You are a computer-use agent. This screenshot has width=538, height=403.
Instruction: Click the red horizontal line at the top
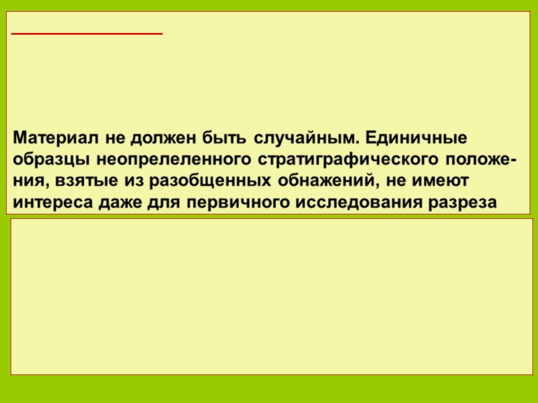(87, 34)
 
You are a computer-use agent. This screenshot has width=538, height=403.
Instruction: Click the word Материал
(55, 138)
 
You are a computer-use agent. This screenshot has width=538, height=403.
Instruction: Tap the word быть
(224, 138)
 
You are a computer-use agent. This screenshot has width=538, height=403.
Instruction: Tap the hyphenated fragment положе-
(481, 160)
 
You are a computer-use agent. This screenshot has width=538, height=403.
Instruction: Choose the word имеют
(440, 181)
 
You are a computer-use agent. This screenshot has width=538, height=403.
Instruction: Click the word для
(164, 203)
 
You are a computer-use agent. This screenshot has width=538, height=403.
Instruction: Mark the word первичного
(238, 203)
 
